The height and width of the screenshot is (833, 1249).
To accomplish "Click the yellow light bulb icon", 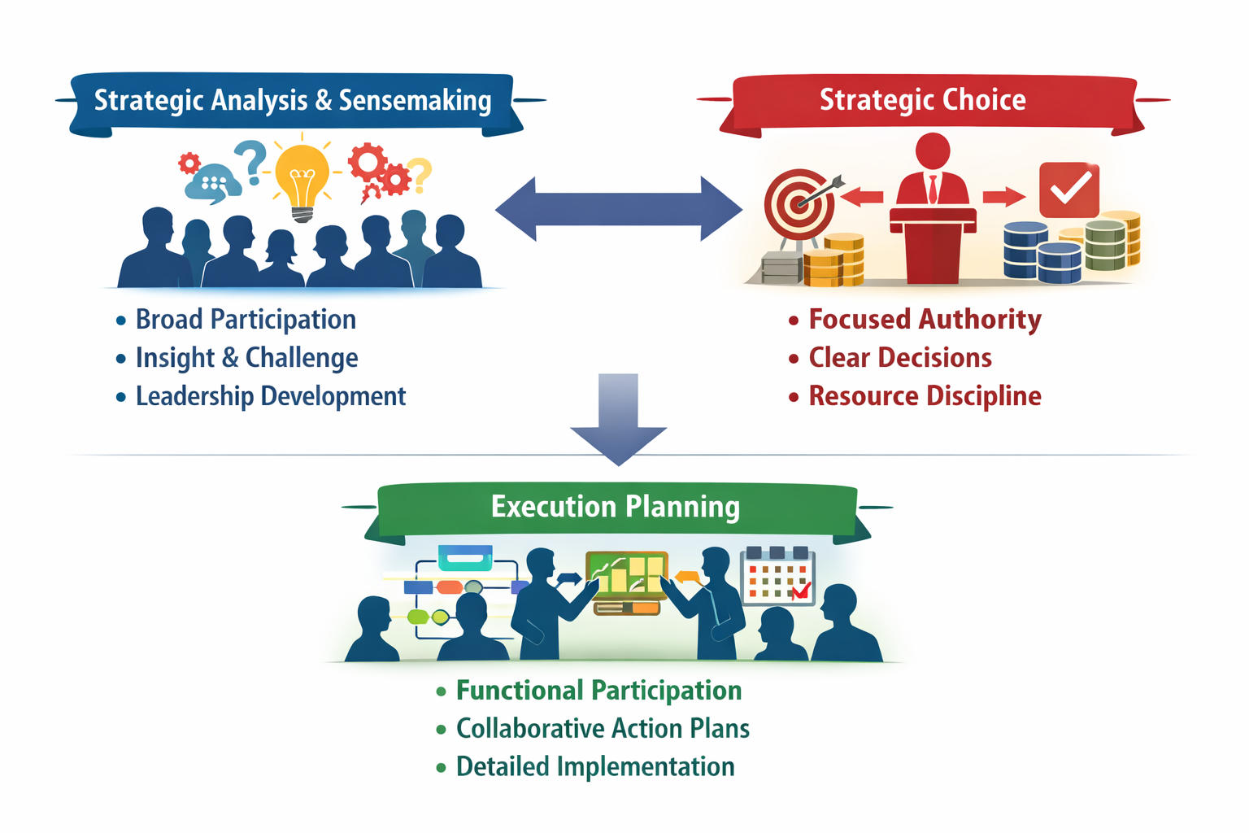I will point(302,177).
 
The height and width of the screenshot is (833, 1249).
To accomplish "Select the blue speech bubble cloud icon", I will point(212,182).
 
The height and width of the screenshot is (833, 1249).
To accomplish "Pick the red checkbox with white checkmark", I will point(1069,190).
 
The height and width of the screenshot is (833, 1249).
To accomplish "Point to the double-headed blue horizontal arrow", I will point(619,209).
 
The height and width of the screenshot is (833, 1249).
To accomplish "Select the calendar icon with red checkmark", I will point(778,576).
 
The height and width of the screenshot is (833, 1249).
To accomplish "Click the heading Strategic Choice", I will point(922,100).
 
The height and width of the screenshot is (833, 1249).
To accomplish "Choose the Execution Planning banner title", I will point(616,507).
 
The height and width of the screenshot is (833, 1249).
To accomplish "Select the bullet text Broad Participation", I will point(246,320).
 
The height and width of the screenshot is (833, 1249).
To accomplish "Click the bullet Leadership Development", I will point(270,396).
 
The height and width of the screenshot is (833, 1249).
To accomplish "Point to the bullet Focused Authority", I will point(925,320).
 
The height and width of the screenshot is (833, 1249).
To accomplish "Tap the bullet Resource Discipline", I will point(925,396).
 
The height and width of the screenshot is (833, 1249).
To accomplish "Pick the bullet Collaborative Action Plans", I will point(603,728).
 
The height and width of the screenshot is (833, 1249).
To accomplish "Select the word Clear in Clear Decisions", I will point(839,358).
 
